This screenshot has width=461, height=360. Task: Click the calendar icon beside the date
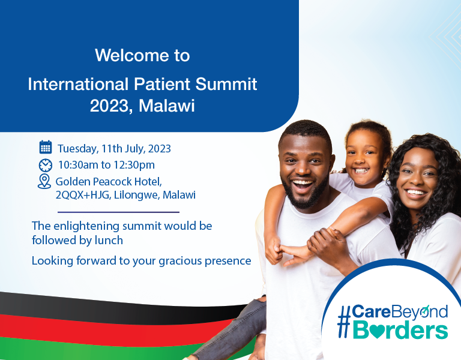point(46,147)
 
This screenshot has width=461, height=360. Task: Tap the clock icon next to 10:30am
point(46,164)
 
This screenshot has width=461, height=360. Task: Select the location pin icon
point(44,182)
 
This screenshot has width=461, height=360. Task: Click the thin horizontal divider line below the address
point(118,212)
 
